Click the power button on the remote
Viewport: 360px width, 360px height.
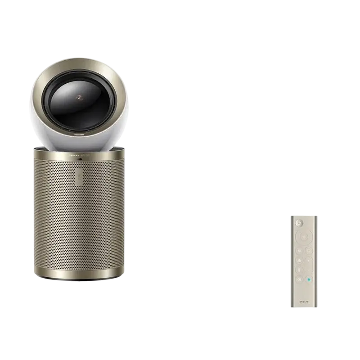(299, 223)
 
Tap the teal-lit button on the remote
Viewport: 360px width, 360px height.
(309, 279)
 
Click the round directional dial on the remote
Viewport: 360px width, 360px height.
(304, 237)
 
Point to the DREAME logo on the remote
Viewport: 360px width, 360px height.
(304, 301)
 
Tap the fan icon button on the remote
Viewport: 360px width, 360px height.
(299, 260)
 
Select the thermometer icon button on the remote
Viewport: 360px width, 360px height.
(299, 270)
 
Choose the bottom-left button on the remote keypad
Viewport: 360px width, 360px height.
(299, 279)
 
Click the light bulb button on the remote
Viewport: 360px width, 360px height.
(309, 251)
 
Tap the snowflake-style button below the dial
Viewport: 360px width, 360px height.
(299, 251)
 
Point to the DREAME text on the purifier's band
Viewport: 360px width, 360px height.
(74, 155)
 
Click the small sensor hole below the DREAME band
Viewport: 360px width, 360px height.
(80, 159)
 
